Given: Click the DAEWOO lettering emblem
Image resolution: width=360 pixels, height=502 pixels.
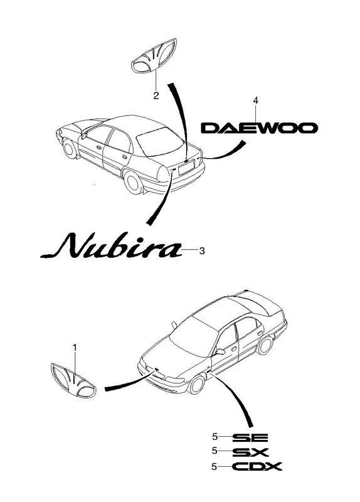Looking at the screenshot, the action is pos(259,128).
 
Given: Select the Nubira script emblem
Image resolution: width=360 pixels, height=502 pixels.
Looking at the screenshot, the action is pos(111,246).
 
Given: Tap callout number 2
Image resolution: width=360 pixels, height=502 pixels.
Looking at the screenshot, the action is pos(156,95).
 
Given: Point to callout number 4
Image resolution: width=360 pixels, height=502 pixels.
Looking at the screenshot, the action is pos(255,100).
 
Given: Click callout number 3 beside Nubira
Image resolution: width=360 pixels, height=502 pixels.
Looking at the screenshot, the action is pos(201,251).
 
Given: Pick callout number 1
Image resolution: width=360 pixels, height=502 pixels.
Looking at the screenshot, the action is pos(75,348).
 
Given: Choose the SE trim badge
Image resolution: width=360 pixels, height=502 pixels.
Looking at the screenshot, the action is pos(250,437).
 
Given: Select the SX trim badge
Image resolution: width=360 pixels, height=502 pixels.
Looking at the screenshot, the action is pos(250,452).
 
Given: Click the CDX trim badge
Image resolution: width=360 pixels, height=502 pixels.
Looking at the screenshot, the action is pos(257,466).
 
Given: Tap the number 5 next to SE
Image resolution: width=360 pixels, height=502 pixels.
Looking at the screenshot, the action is pos(214,437).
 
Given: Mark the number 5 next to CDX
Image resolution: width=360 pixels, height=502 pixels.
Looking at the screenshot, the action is pos(214,467).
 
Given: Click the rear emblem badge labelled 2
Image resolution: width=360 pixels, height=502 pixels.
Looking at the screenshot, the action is pos(154,56).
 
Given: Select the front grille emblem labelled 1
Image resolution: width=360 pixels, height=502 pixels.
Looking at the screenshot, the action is pos(73,380).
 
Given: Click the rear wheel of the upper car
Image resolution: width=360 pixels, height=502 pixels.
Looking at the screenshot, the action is pos(133,181).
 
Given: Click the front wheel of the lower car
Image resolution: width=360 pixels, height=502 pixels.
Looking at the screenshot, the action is pos(196,384).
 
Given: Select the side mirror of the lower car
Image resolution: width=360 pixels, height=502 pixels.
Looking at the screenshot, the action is pos(220,352).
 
